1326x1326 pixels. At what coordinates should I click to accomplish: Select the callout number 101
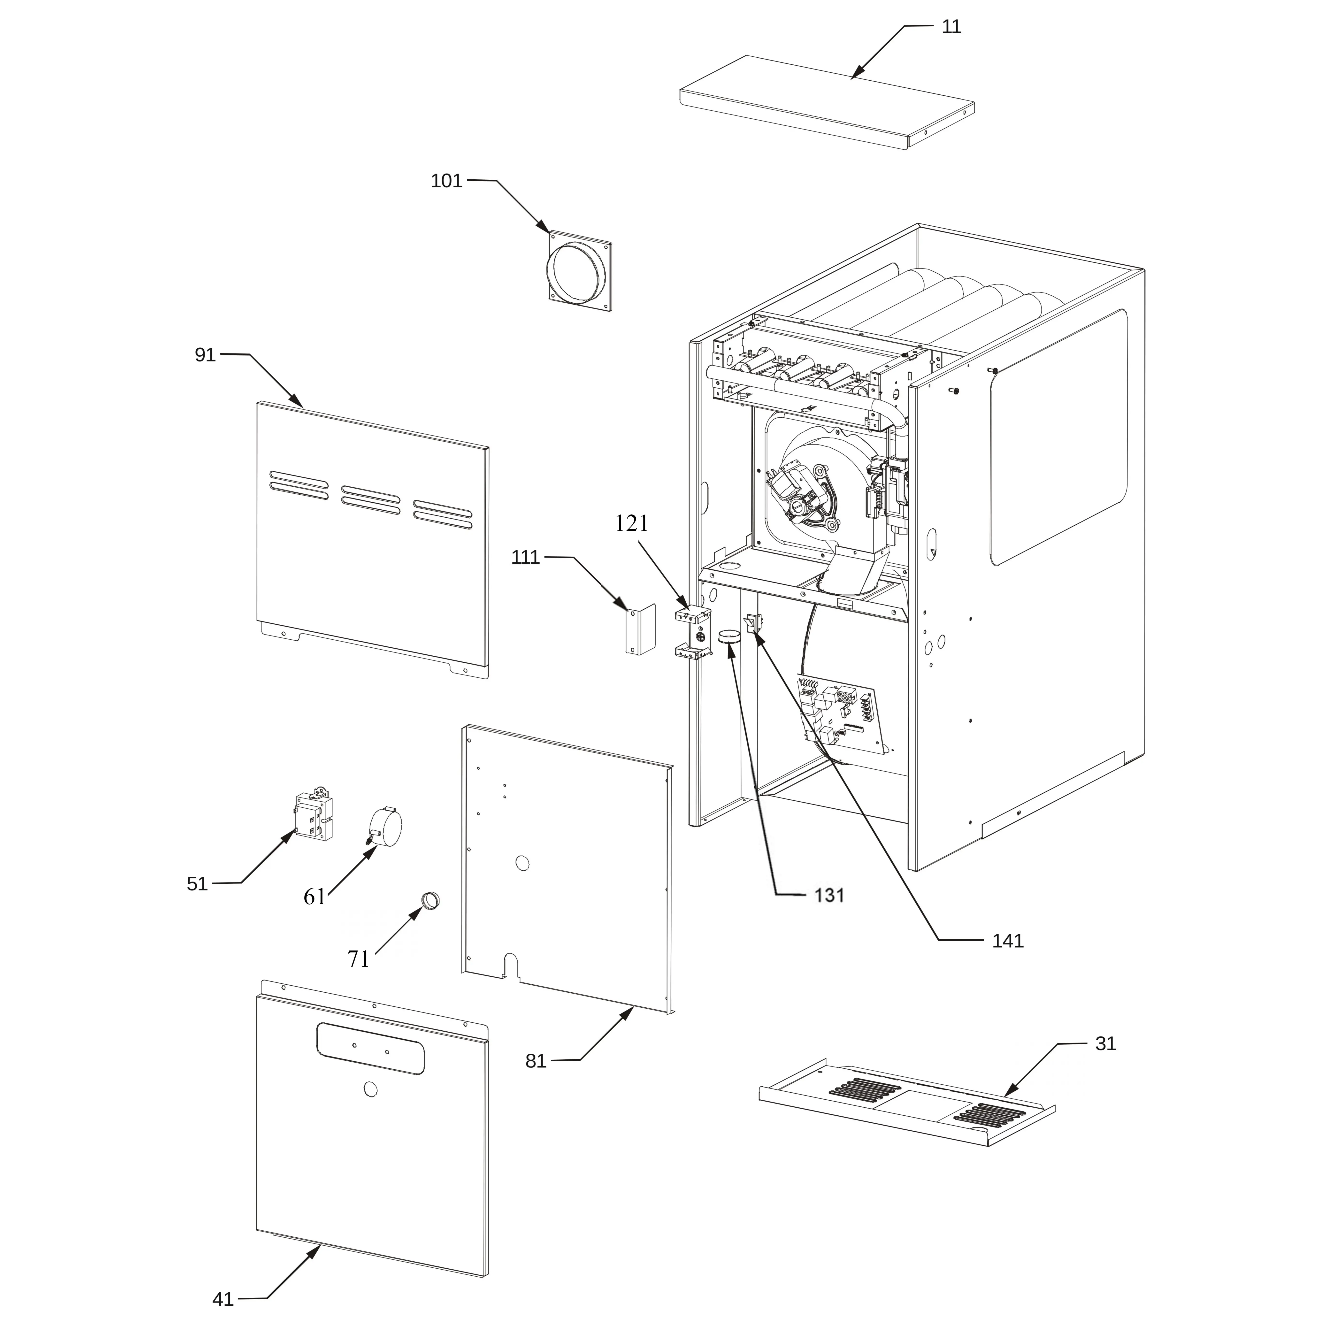(447, 181)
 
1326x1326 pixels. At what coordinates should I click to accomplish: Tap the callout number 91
(205, 355)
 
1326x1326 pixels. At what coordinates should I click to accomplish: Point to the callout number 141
(1008, 941)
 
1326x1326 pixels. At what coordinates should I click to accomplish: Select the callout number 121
(631, 524)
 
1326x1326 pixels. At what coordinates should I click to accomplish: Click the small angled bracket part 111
(636, 630)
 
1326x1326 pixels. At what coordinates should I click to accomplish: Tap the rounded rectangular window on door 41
(370, 1048)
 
